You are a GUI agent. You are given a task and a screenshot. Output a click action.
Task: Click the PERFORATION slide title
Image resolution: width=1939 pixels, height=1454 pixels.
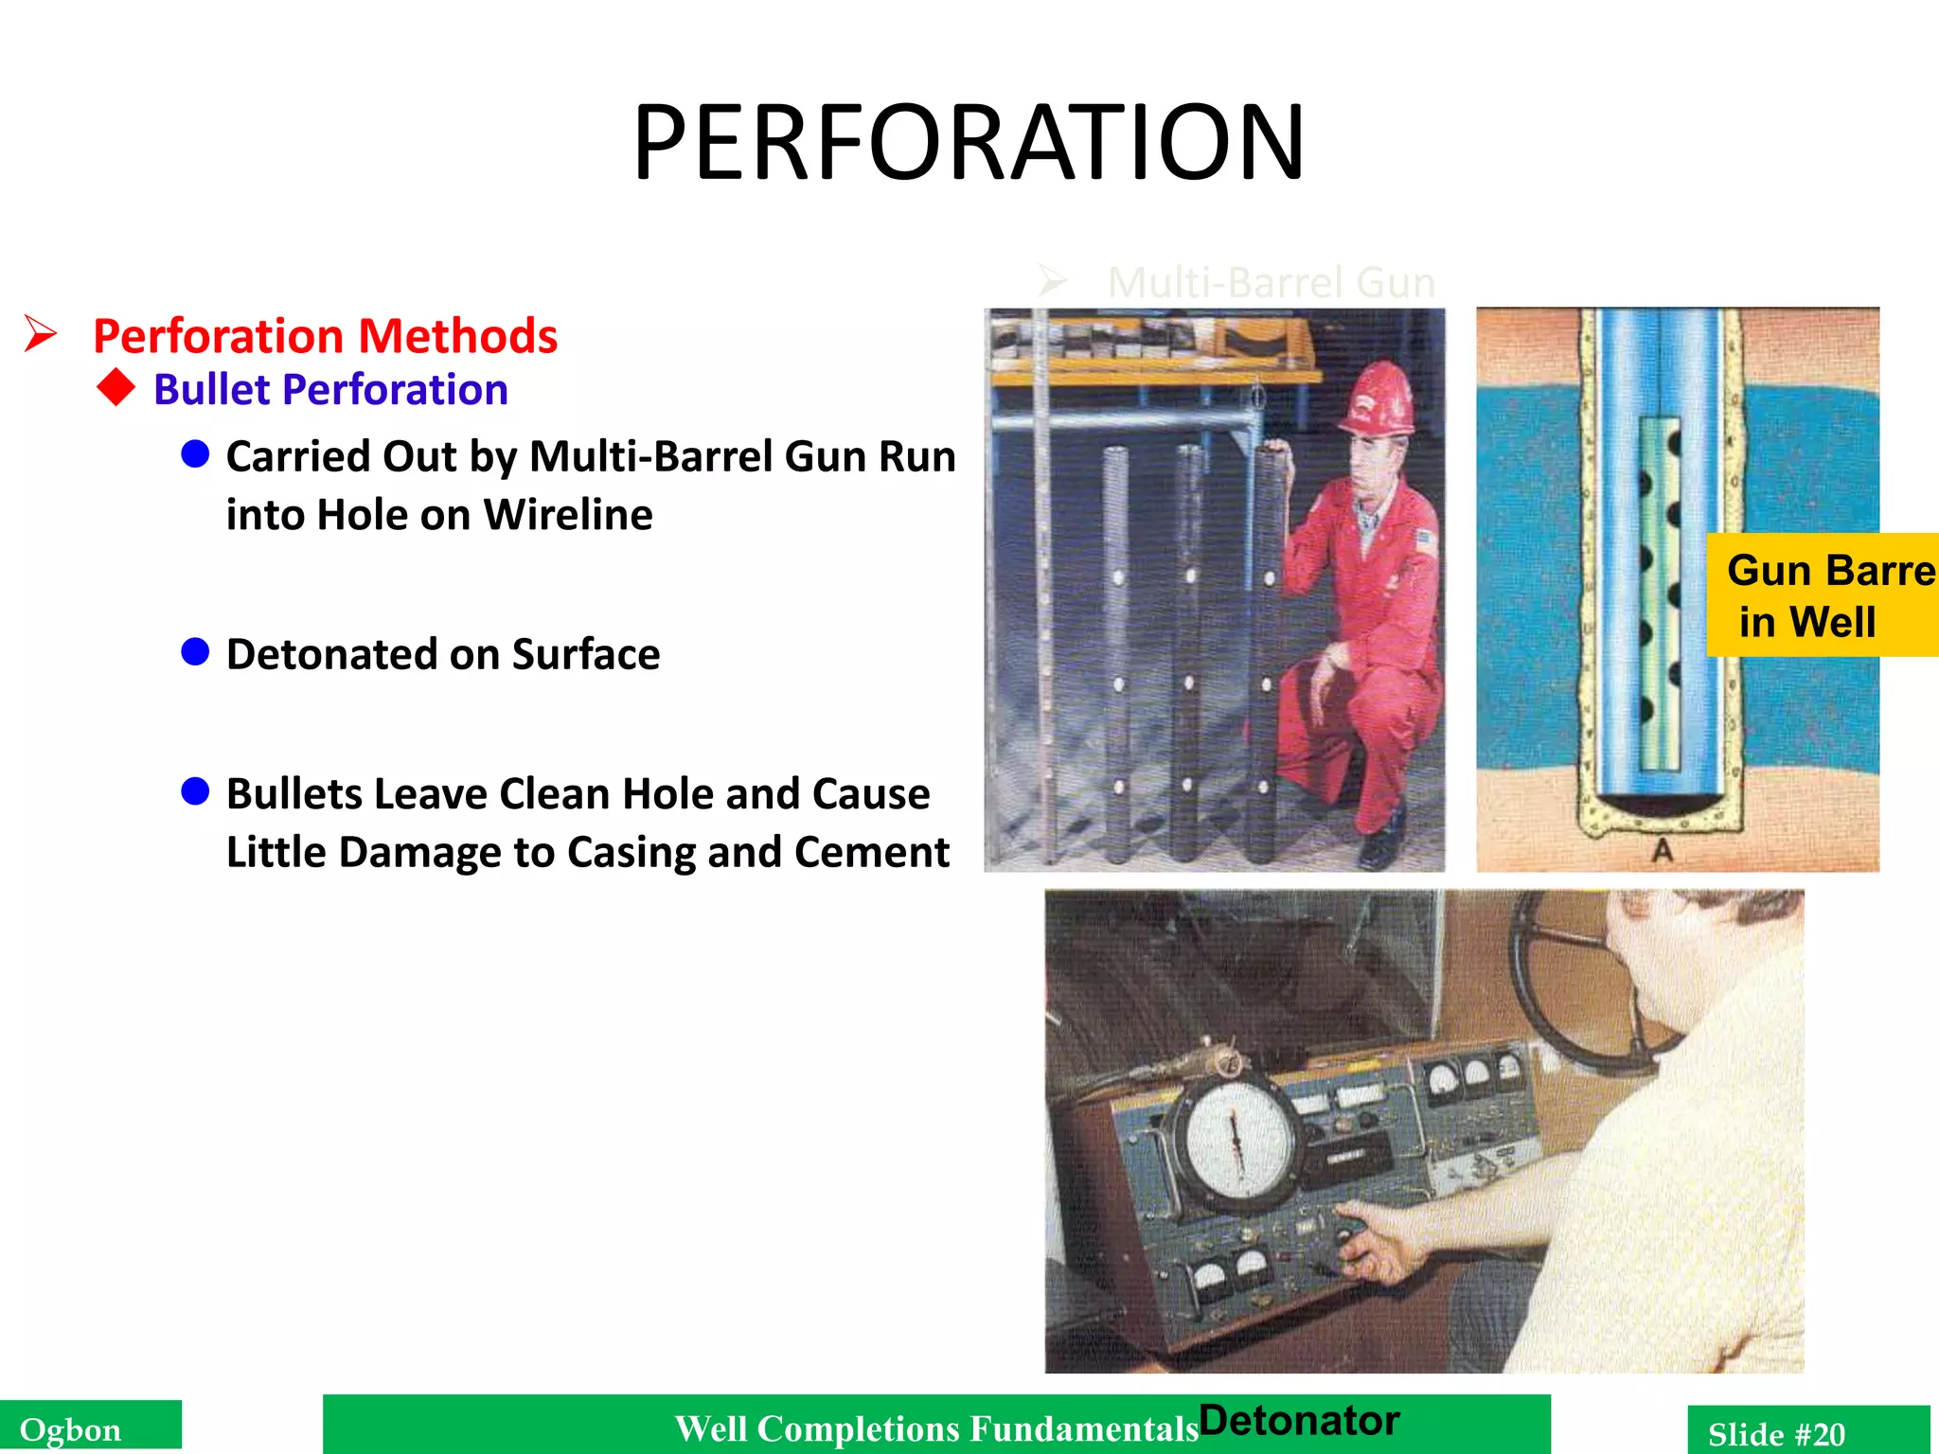coord(969,144)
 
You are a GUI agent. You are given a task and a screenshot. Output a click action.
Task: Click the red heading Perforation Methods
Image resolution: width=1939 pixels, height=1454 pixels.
coord(325,337)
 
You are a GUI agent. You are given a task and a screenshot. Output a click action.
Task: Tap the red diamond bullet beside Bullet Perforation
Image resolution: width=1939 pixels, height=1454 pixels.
coord(116,388)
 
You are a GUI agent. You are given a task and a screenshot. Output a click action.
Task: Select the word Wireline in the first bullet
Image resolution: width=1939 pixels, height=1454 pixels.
coord(568,516)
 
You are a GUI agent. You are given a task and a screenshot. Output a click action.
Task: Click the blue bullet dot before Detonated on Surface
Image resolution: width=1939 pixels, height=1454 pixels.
coord(195,652)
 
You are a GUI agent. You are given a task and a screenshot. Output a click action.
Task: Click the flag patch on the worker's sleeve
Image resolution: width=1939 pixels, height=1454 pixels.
coord(1425,542)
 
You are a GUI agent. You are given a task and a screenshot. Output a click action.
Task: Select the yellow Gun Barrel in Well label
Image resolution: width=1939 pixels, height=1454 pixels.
coord(1822,595)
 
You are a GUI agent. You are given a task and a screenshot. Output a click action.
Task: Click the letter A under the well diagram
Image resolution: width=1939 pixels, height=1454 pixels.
coord(1662,851)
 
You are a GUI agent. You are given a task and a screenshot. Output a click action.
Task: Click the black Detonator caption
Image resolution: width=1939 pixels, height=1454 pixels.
coord(1299,1421)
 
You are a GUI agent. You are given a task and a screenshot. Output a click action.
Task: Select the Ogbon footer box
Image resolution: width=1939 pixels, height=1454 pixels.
coord(90,1428)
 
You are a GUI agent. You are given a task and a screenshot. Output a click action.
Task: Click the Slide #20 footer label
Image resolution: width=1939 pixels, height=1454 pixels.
coord(1776,1433)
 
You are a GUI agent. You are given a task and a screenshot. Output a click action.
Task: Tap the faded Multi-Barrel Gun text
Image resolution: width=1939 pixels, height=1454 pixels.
coord(1271,283)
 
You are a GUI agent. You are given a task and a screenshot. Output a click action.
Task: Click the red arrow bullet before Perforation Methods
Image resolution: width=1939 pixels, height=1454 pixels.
coord(41,334)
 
